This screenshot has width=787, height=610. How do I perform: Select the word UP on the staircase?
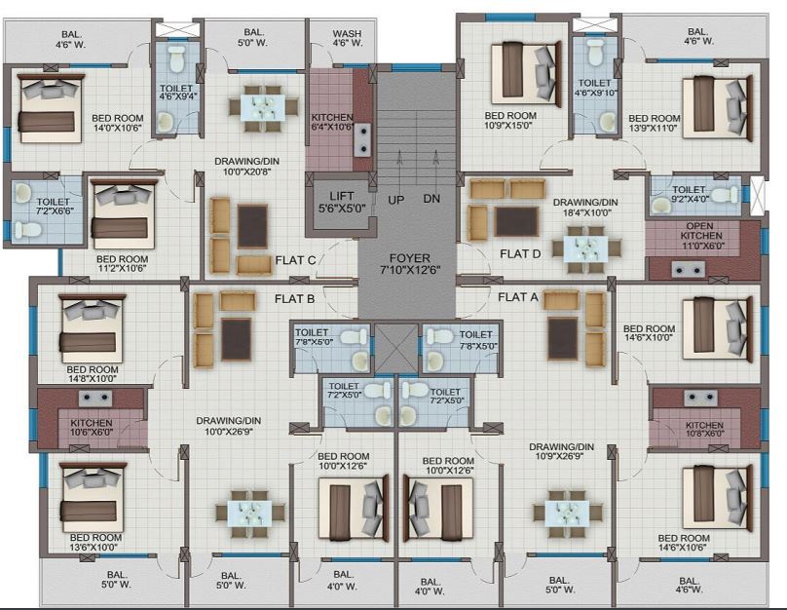(x=395, y=199)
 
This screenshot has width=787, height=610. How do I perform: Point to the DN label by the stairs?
(x=431, y=199)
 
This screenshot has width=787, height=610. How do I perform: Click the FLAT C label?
(x=295, y=260)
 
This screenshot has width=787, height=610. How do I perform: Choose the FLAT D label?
(x=520, y=253)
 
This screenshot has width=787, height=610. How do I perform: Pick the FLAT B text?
(x=294, y=298)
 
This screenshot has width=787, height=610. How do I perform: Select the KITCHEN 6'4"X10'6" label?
(x=332, y=122)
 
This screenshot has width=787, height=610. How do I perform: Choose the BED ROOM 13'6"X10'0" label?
(x=94, y=542)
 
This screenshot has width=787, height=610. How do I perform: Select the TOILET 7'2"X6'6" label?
(x=34, y=180)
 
